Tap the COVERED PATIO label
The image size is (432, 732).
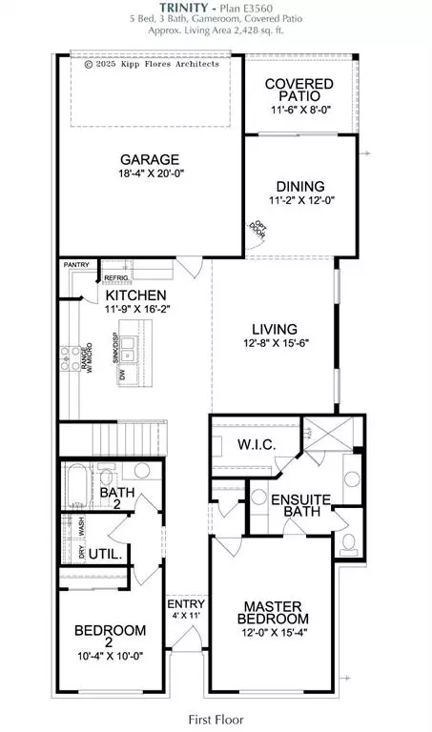pos(298,91)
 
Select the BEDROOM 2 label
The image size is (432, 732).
pos(112,638)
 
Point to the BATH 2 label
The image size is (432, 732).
pos(118,498)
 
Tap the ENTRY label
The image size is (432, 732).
pos(180,604)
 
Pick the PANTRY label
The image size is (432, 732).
pos(75,266)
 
